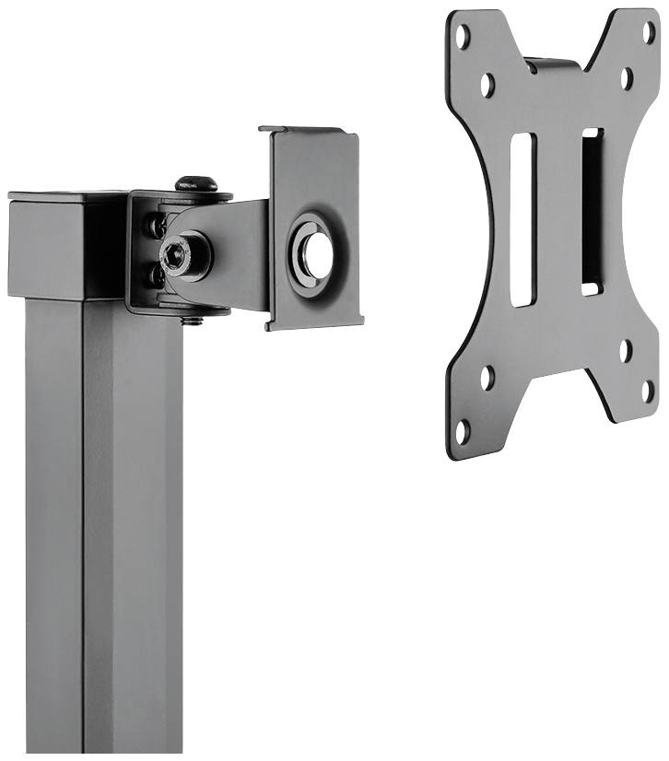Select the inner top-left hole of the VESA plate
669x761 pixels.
(x=487, y=84)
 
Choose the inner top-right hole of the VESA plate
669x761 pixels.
(x=626, y=78)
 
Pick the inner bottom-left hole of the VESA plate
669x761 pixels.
(x=487, y=378)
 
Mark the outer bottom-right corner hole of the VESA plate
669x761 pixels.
(x=648, y=391)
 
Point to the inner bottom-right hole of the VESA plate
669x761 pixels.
(x=626, y=350)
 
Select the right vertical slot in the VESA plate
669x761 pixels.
(x=592, y=212)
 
